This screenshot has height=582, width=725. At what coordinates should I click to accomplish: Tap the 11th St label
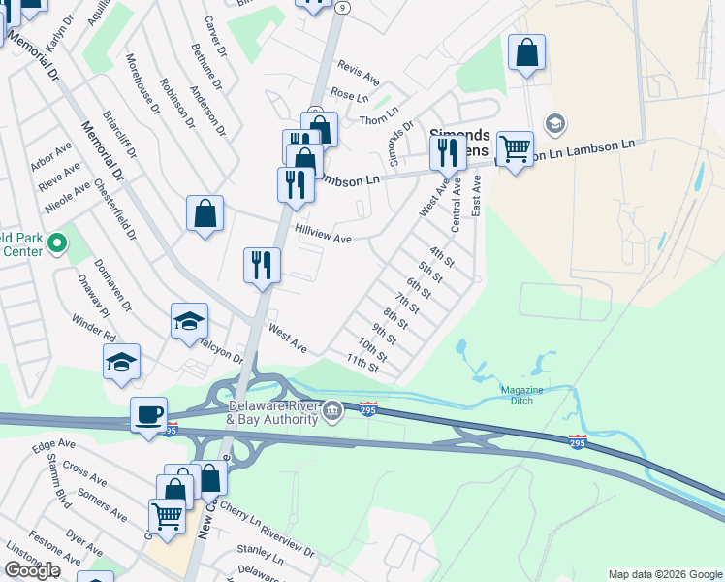tap(362, 363)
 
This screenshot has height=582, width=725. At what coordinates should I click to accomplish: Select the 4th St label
tap(443, 257)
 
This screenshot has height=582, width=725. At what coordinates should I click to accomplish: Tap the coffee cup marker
tap(149, 414)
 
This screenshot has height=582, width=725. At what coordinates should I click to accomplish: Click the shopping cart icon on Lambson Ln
tap(515, 148)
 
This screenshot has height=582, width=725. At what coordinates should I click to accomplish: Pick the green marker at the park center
tap(57, 242)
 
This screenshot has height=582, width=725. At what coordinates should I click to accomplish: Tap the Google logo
tap(32, 570)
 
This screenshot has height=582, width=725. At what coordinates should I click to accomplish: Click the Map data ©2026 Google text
tap(664, 574)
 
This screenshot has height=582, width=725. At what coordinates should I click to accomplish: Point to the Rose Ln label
tap(350, 96)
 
